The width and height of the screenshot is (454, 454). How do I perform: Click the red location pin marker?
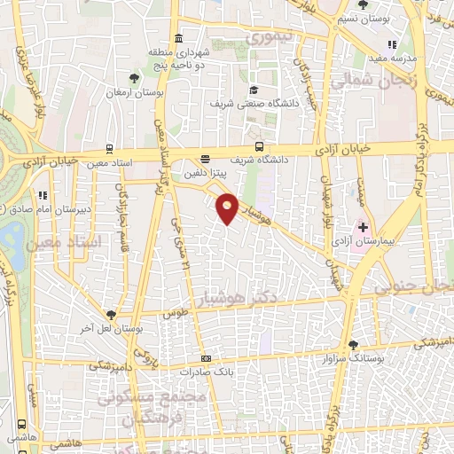[228, 208]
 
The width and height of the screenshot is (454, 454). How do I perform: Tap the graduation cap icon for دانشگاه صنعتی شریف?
[254, 90]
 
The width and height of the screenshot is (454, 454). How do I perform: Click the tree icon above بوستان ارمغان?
[135, 78]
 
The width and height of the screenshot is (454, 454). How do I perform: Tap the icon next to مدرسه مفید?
[391, 45]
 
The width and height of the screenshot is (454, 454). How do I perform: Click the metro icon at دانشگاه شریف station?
[258, 146]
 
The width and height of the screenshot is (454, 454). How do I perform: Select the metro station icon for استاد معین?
[109, 149]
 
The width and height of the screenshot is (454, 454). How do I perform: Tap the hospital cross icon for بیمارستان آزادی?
[363, 227]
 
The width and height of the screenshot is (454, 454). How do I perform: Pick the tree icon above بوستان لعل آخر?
[110, 315]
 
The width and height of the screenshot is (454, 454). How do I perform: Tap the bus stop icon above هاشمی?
[20, 425]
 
